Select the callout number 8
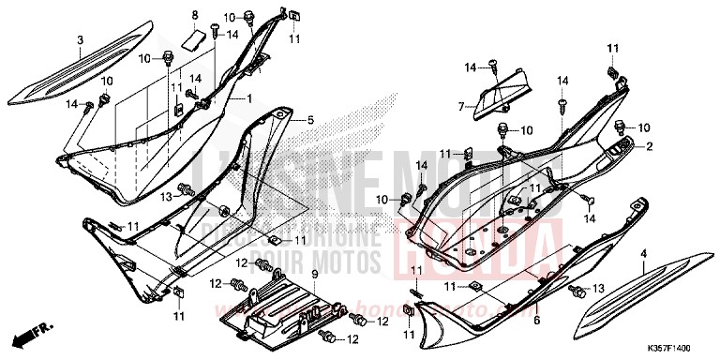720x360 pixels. [195, 15]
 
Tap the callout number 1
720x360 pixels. [249, 98]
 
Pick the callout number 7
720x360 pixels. [461, 108]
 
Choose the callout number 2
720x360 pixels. [648, 145]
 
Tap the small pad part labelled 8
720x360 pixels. [194, 39]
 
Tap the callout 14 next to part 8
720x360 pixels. [232, 35]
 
